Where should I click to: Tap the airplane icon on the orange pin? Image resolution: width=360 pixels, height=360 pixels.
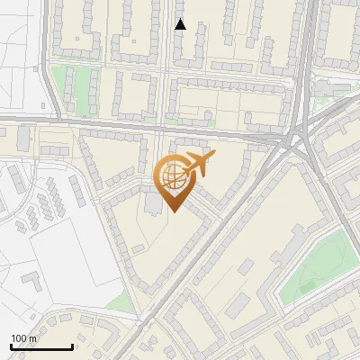pyautogui.click(x=198, y=165)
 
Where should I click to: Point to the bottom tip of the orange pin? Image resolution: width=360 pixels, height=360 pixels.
pyautogui.click(x=172, y=213)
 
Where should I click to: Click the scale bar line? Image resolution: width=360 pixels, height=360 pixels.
pyautogui.click(x=41, y=347)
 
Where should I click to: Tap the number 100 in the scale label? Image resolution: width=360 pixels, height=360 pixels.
pyautogui.click(x=19, y=338)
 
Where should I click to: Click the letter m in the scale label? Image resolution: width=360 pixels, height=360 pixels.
pyautogui.click(x=32, y=338)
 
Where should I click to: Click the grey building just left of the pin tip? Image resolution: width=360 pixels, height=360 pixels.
pyautogui.click(x=154, y=205)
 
